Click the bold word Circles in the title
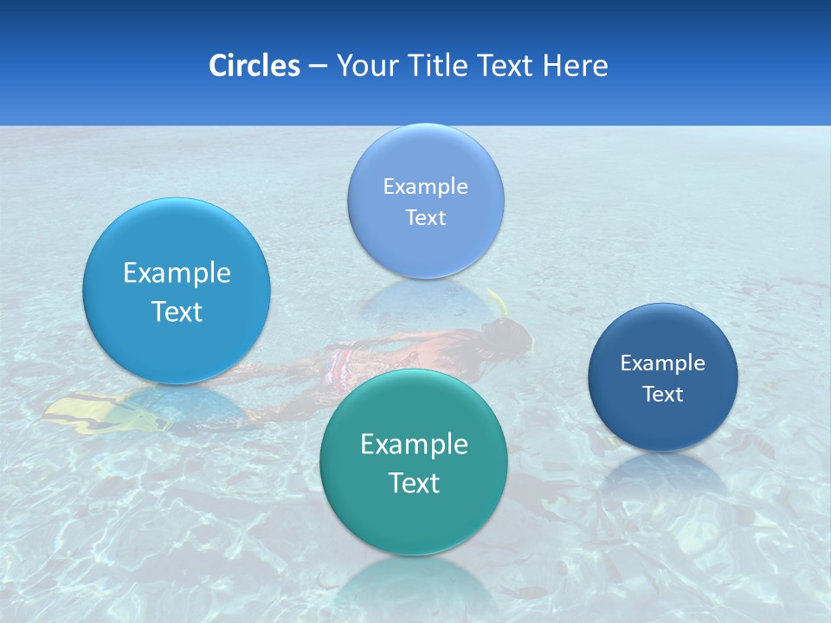pyautogui.click(x=254, y=66)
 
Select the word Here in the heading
pyautogui.click(x=576, y=66)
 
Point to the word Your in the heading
pyautogui.click(x=364, y=66)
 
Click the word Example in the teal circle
pyautogui.click(x=414, y=445)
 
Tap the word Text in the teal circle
pyautogui.click(x=414, y=483)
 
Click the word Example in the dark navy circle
pyautogui.click(x=663, y=363)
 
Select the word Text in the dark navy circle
pyautogui.click(x=663, y=395)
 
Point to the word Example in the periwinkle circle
pyautogui.click(x=426, y=186)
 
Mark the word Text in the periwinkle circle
pyautogui.click(x=426, y=217)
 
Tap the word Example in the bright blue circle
pyautogui.click(x=177, y=273)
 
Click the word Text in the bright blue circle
pyautogui.click(x=177, y=311)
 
